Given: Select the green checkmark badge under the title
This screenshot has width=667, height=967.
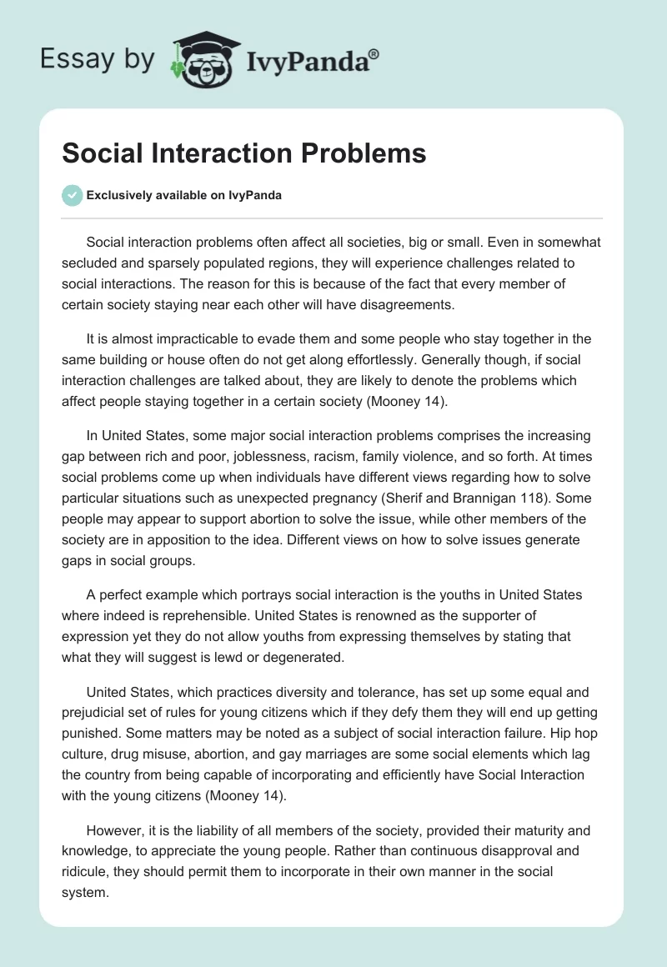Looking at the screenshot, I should point(72,195).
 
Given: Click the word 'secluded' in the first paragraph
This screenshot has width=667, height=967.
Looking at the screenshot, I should point(90,263).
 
